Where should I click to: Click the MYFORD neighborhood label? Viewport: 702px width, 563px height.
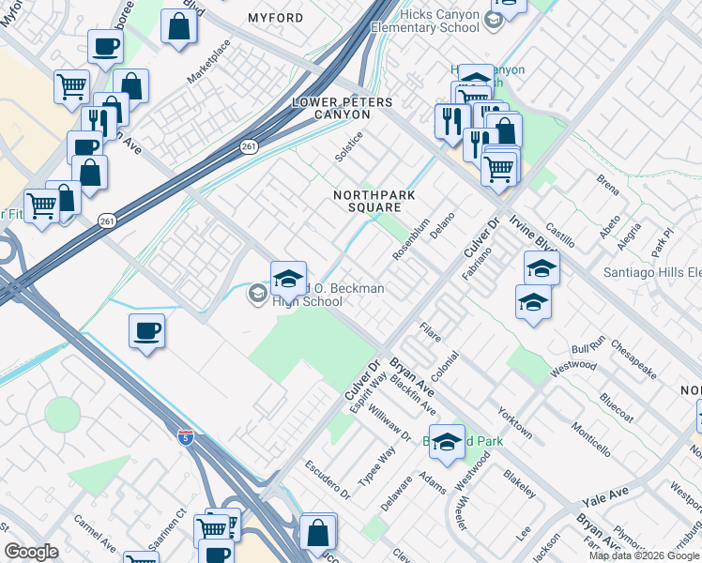[275, 18]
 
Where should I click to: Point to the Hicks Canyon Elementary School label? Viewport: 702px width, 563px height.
[439, 22]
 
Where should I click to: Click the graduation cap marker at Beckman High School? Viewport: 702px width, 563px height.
[289, 278]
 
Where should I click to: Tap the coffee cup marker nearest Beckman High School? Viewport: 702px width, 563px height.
[147, 331]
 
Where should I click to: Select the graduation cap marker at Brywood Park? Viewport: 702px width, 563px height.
[448, 443]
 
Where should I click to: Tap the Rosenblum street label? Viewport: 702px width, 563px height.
[411, 242]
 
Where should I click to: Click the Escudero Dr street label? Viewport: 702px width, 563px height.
[328, 479]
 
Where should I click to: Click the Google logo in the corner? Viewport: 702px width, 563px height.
[31, 552]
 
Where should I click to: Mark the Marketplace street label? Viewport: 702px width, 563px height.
[208, 63]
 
